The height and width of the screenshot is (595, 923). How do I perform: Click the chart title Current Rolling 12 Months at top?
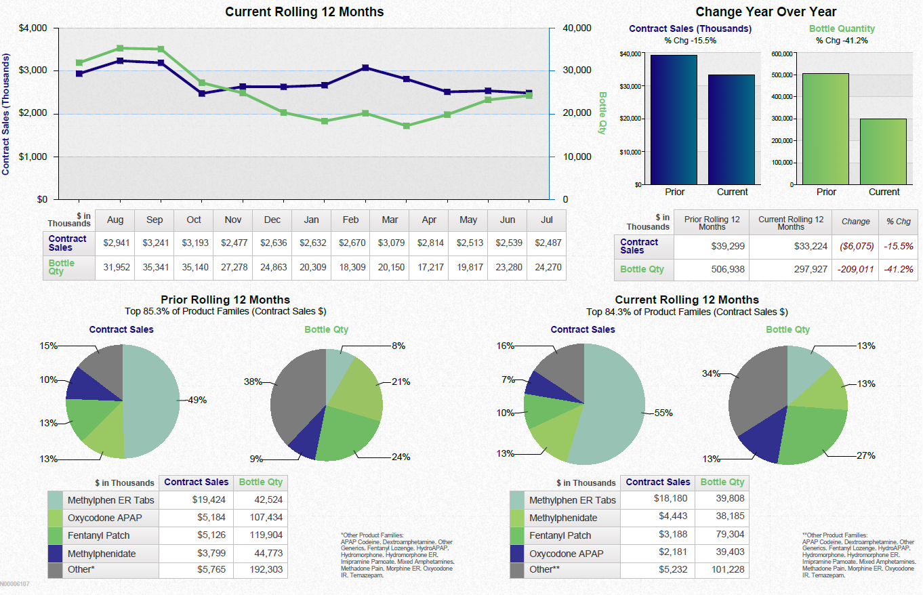304,12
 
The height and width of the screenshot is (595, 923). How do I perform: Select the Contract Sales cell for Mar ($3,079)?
390,243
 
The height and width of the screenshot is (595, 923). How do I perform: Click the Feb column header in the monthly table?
350,220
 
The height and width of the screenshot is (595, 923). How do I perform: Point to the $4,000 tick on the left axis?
33,28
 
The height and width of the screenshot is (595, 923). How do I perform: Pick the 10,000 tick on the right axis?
577,157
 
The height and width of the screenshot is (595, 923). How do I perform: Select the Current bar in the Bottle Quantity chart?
884,152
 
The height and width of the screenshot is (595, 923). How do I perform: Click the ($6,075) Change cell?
855,246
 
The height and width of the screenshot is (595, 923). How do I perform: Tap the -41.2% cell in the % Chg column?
898,269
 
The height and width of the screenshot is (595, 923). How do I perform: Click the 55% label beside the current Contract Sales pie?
663,413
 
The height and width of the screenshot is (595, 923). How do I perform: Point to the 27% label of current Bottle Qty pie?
865,455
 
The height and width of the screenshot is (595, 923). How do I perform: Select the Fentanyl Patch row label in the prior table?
102,535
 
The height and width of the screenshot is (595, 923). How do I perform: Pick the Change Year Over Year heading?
766,12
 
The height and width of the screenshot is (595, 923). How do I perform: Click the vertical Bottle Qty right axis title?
602,113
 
